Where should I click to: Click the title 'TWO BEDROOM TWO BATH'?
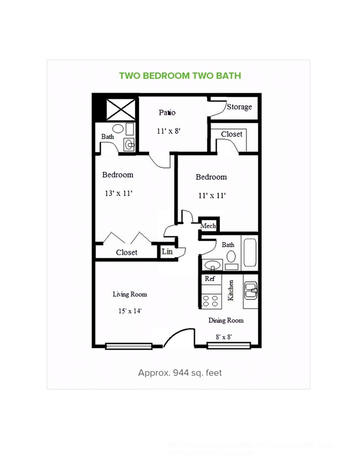(x=180, y=76)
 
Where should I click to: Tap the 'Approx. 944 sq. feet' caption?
(x=179, y=372)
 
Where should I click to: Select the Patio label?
(x=167, y=112)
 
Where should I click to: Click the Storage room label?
(x=239, y=107)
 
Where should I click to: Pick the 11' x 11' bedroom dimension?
(x=211, y=196)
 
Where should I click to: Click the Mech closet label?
(x=208, y=226)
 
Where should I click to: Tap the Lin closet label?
(x=167, y=252)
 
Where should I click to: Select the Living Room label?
(x=130, y=294)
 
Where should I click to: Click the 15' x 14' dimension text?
(x=130, y=311)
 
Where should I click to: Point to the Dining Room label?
(x=225, y=320)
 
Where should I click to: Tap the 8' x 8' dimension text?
(x=224, y=336)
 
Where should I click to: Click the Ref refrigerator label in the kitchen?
(x=210, y=279)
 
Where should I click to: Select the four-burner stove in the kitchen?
(x=210, y=300)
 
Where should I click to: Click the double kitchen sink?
(x=251, y=288)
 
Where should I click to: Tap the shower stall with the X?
(x=121, y=109)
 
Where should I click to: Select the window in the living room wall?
(x=128, y=346)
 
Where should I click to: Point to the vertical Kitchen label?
(x=231, y=290)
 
